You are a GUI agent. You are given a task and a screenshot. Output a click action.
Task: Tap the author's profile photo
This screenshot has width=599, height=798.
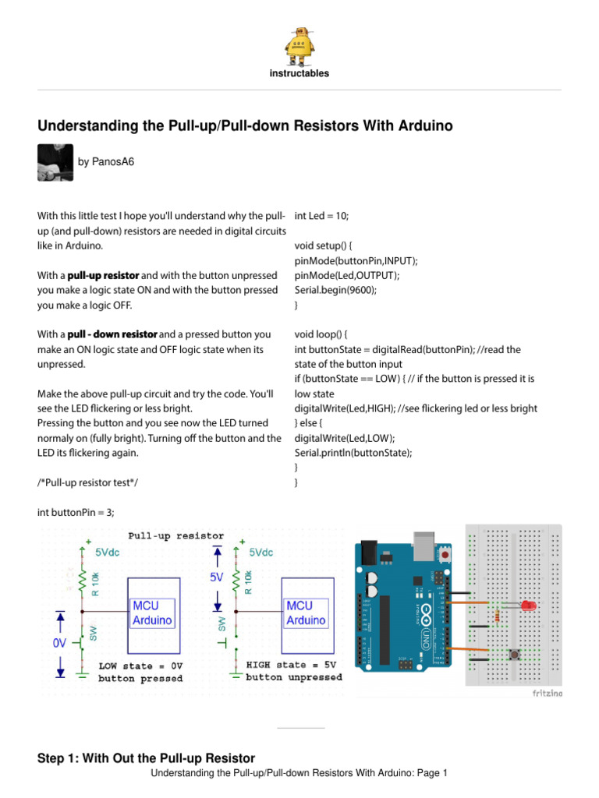click(x=55, y=163)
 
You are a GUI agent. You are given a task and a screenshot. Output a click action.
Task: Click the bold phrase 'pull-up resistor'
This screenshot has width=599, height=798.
click(x=103, y=276)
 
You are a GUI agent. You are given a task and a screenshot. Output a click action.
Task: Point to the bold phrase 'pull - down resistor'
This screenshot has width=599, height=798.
click(x=112, y=334)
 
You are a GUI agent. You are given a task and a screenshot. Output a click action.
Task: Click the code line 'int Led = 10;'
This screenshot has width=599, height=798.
click(x=322, y=216)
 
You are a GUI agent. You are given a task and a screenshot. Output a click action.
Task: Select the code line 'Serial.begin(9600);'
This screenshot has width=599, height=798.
click(x=335, y=290)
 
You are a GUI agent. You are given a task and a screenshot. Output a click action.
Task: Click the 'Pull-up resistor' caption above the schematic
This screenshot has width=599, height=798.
click(x=176, y=536)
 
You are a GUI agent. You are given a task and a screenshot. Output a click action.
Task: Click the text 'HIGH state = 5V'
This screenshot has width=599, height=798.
click(x=292, y=665)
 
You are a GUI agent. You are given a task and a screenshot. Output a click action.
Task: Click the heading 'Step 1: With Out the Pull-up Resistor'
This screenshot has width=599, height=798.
click(x=146, y=757)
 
